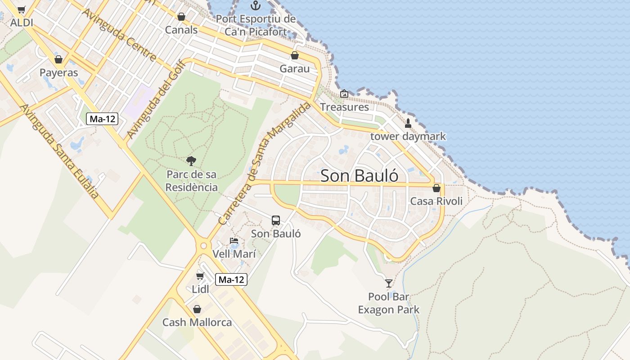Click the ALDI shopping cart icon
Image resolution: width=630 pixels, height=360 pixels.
22,9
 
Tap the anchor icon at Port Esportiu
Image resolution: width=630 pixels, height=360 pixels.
256,6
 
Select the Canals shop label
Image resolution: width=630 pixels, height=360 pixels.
181,30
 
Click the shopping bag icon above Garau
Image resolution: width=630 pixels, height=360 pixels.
295,55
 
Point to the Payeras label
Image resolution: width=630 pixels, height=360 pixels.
58,72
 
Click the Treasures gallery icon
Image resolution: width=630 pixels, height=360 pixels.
344,94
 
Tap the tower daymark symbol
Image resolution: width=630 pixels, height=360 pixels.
408,123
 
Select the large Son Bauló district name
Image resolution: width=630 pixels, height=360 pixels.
359,175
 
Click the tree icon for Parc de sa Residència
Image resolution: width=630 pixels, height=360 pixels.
191,161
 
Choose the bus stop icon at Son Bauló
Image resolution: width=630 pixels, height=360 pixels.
276,220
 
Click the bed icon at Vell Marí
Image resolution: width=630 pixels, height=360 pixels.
234,241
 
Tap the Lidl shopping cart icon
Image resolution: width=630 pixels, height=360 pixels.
200,276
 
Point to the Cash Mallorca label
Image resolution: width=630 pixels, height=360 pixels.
197,322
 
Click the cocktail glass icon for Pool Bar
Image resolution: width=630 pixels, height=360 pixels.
389,283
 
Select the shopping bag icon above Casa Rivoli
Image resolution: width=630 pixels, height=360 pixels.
436,188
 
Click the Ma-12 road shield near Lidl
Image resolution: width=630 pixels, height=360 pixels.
231,279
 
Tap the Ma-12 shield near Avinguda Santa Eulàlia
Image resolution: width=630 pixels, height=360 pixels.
102,119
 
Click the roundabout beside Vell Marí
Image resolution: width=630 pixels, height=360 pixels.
203,246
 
